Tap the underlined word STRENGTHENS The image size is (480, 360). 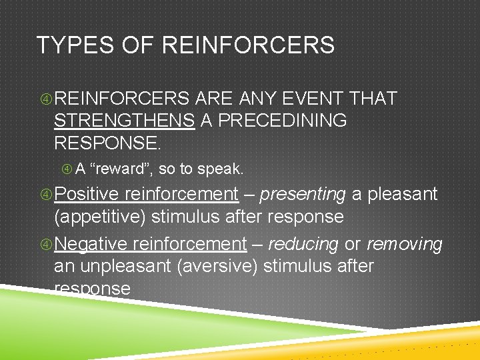(124, 121)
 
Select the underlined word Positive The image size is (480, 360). (87, 194)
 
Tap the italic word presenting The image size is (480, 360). (302, 194)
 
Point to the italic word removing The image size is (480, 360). (405, 244)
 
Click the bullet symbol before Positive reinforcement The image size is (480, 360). (46, 195)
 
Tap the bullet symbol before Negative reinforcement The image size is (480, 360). (46, 245)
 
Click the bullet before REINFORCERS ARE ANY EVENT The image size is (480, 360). (46, 99)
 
